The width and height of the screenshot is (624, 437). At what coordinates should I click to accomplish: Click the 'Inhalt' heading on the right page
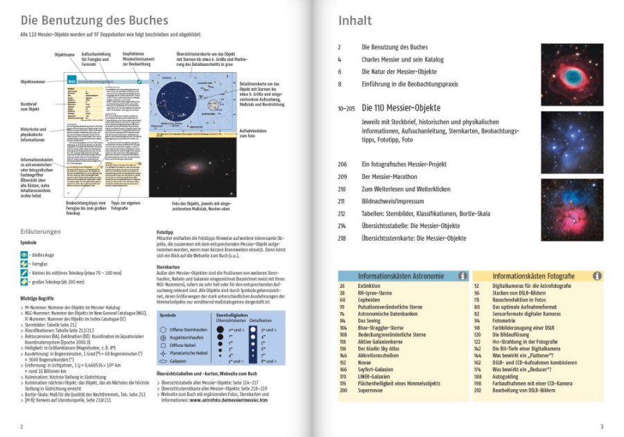point(355,21)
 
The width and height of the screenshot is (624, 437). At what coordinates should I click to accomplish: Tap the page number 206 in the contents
point(342,164)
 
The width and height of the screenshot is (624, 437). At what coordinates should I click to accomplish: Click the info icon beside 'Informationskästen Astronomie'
point(462,275)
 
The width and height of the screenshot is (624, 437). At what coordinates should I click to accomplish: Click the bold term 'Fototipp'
point(166,234)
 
